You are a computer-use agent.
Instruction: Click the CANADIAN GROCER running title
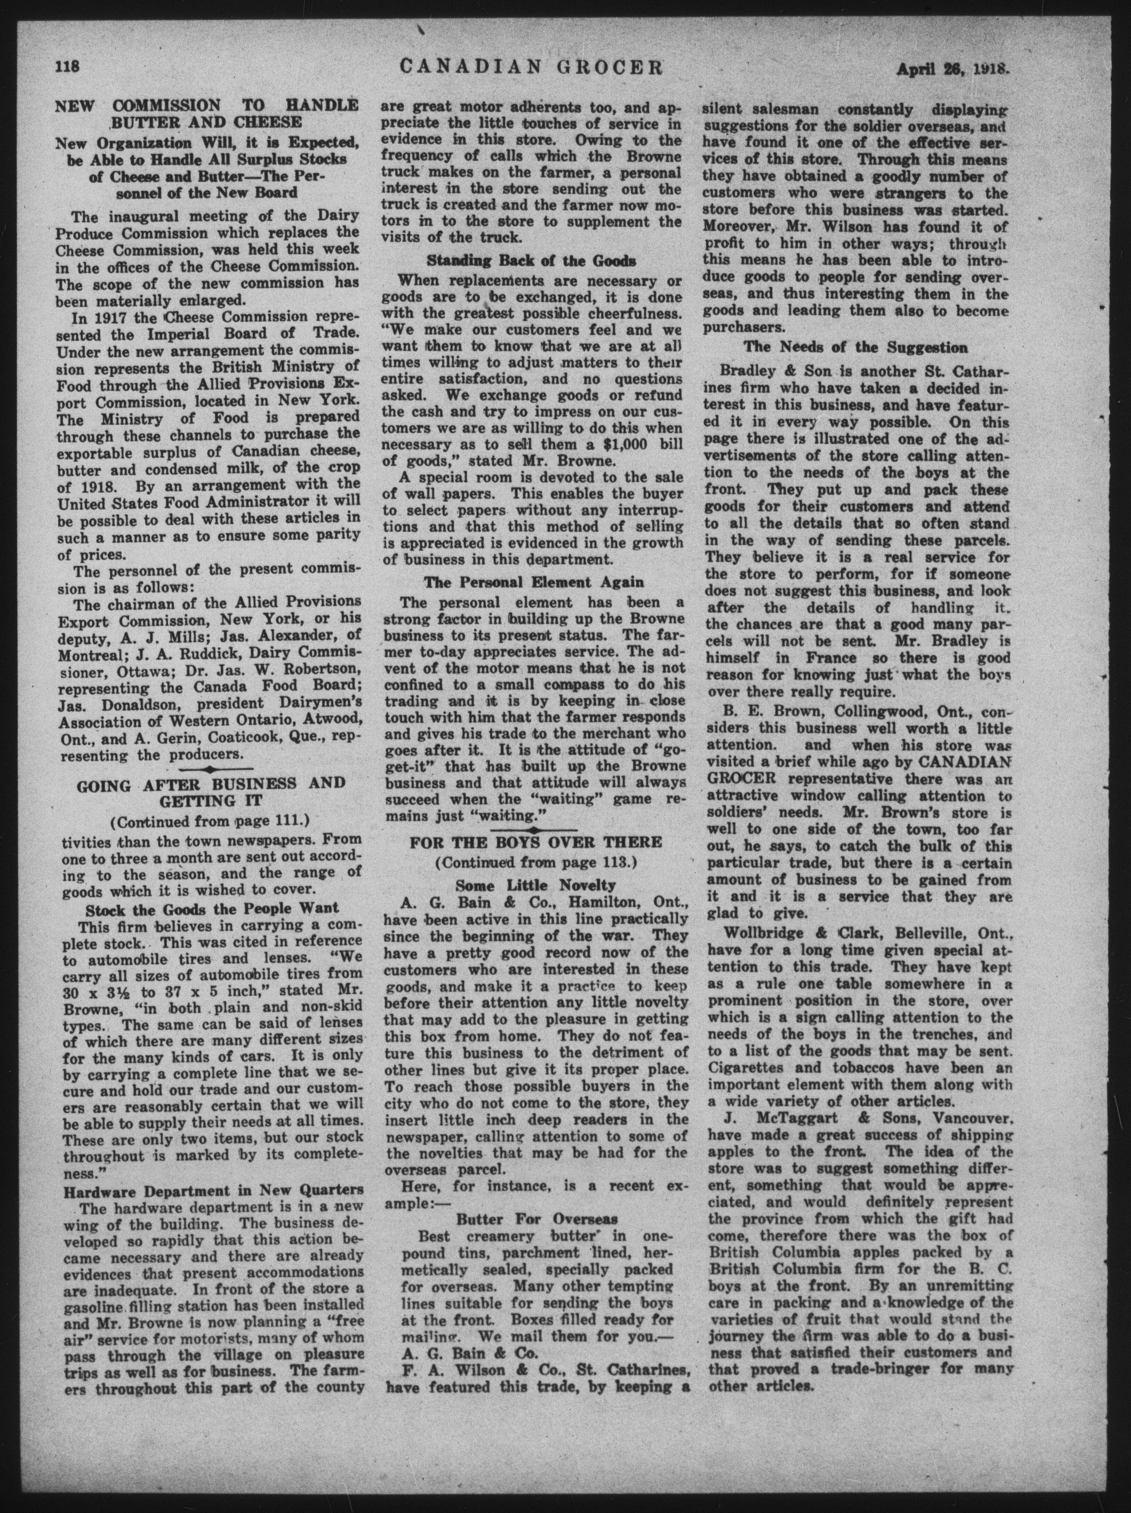pyautogui.click(x=531, y=67)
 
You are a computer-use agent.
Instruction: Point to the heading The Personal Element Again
pyautogui.click(x=533, y=582)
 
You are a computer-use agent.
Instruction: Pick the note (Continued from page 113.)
pyautogui.click(x=536, y=862)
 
